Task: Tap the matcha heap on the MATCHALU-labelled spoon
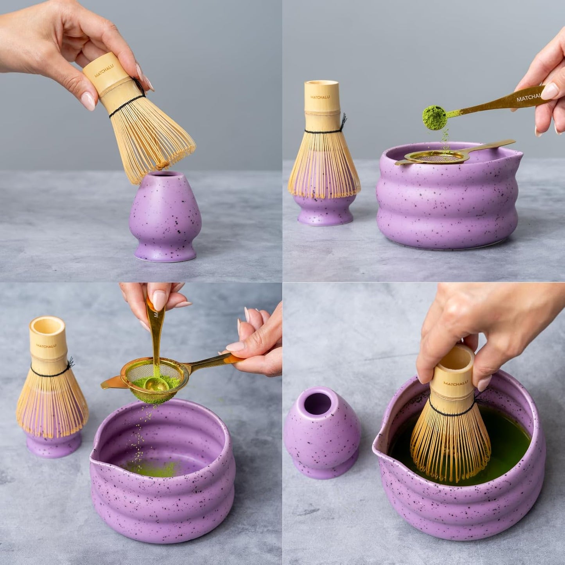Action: coord(434,117)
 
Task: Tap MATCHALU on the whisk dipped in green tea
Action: coord(456,383)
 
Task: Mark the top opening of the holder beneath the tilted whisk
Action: coord(165,174)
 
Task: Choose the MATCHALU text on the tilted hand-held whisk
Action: coord(104,71)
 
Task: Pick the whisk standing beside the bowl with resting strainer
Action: coord(324,156)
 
